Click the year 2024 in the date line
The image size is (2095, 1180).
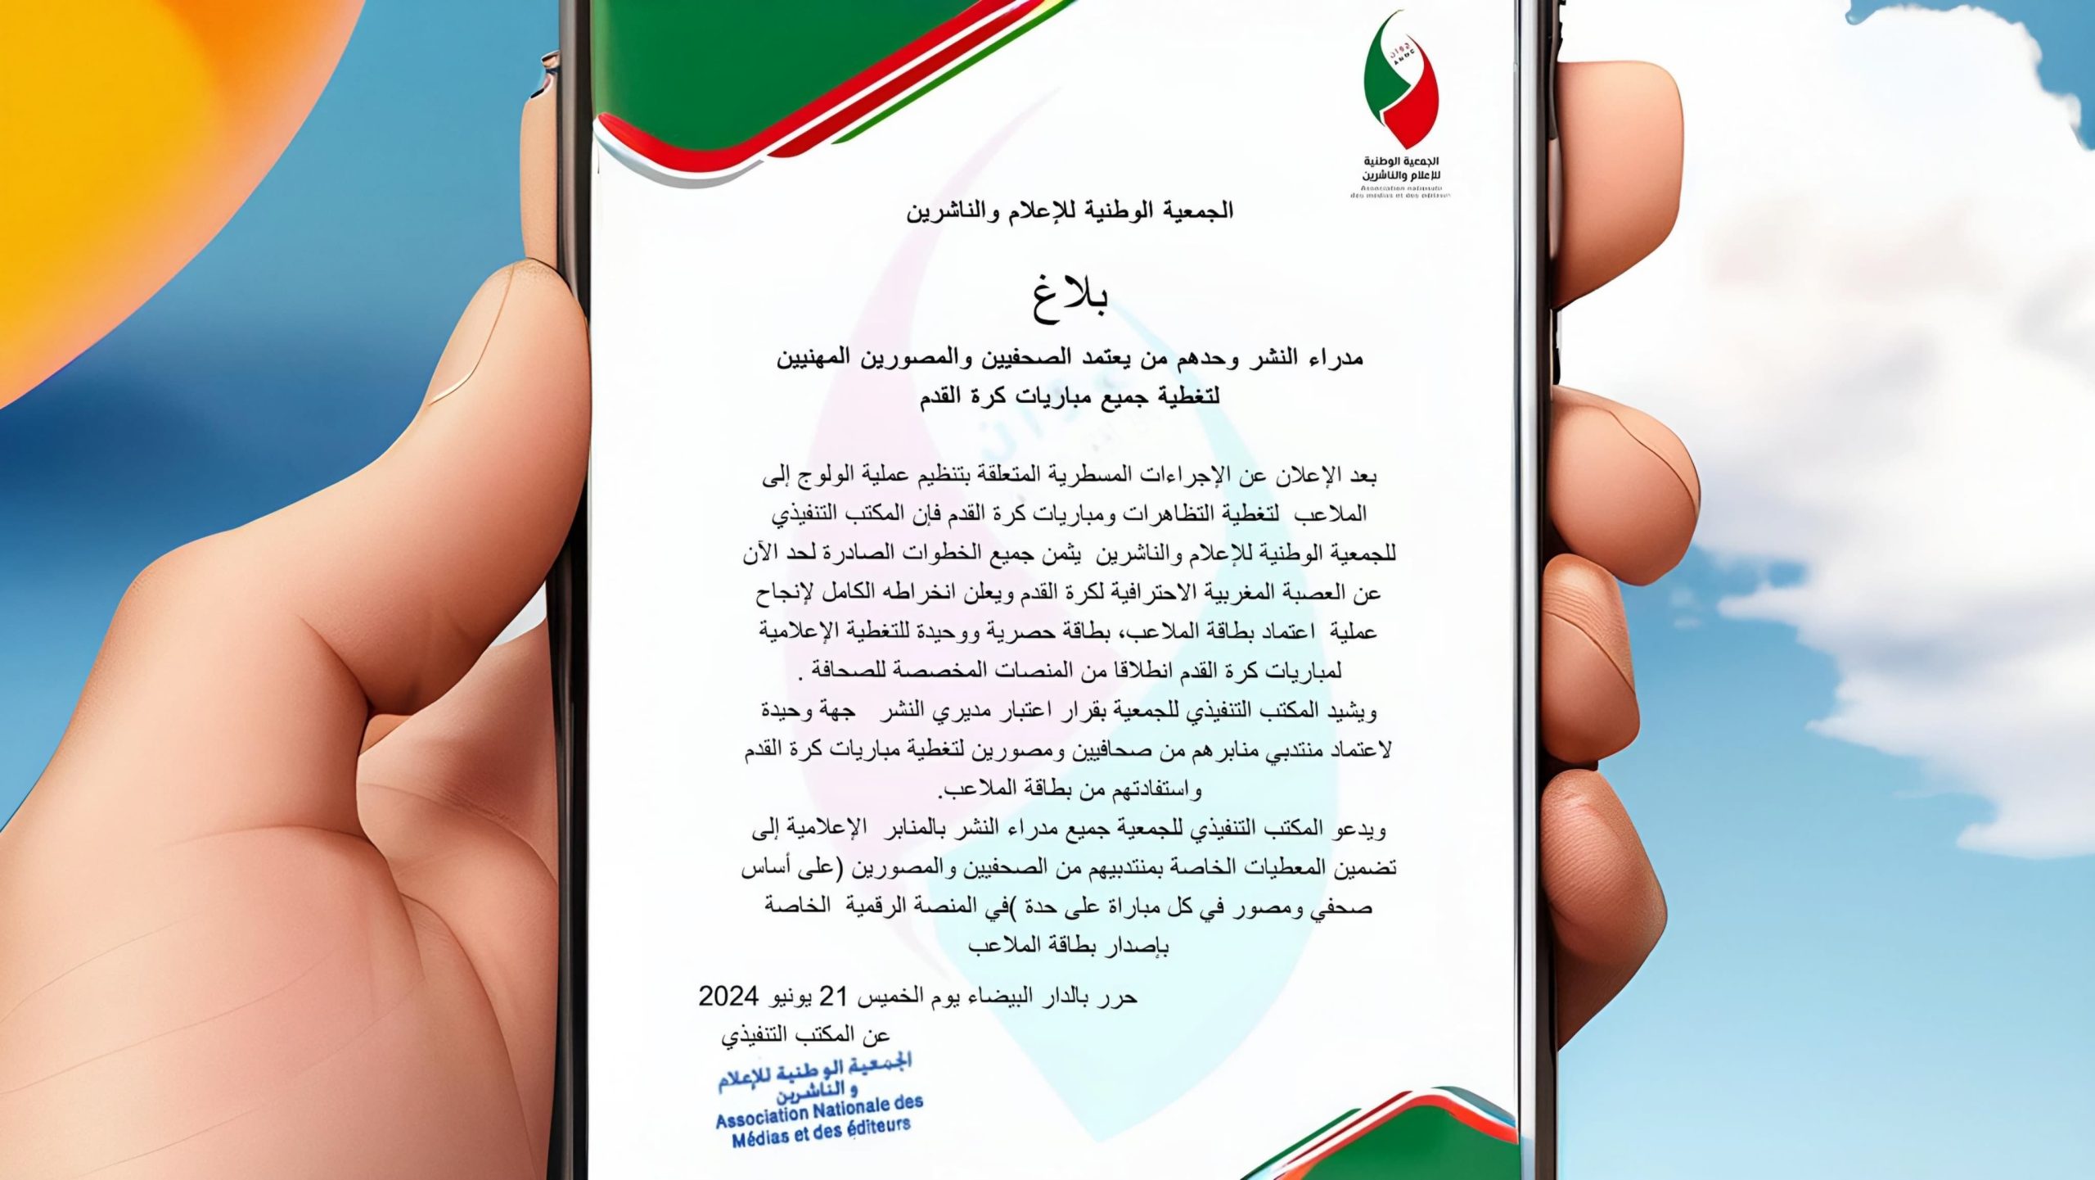(x=729, y=997)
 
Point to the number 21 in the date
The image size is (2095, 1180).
(x=832, y=997)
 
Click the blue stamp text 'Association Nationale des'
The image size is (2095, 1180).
(x=819, y=1112)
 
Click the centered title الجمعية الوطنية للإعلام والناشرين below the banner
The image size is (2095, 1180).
(x=1069, y=211)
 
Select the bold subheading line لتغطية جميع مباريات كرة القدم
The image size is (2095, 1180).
(x=1069, y=396)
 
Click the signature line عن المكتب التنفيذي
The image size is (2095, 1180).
(x=805, y=1036)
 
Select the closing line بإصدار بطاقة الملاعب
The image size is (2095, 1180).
(x=1068, y=947)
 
